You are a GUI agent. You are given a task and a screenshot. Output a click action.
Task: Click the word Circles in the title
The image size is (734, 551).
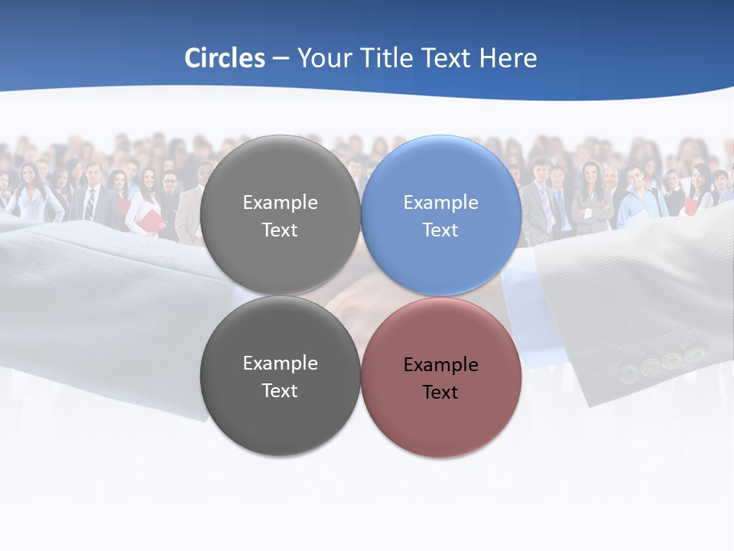pos(225,58)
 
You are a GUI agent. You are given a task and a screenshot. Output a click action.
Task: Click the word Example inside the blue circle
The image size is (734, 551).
pos(440,203)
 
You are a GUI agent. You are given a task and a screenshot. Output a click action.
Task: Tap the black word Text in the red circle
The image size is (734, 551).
pos(440,393)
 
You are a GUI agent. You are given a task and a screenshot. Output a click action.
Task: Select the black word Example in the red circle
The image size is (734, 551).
pos(440,365)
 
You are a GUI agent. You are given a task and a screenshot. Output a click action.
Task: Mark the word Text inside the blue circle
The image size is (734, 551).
pos(440,230)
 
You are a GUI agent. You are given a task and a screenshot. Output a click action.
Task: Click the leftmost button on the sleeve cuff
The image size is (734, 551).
pos(628,373)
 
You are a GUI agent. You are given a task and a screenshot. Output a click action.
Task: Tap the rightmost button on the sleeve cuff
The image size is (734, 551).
pos(694,354)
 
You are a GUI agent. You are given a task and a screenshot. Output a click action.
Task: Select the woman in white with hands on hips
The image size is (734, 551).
pos(31,195)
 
